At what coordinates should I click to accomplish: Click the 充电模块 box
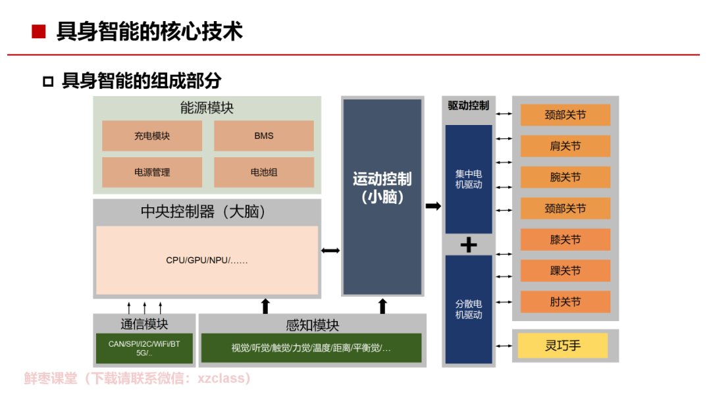click(152, 136)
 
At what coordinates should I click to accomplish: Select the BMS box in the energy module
click(263, 136)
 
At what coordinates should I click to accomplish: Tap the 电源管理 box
click(152, 172)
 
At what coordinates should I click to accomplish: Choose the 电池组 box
click(263, 172)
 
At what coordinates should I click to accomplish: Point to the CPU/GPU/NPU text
click(207, 261)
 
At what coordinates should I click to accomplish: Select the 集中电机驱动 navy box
click(469, 179)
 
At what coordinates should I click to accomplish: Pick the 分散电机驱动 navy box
click(469, 309)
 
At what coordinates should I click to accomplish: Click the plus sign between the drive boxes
click(468, 245)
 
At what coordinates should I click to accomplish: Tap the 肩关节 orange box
click(566, 146)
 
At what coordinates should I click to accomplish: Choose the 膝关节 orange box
click(566, 239)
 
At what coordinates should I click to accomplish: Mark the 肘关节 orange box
click(566, 302)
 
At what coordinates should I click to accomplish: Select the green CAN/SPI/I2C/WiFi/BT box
click(144, 348)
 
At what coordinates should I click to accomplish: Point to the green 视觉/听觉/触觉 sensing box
click(311, 348)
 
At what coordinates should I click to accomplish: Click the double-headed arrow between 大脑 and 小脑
click(330, 251)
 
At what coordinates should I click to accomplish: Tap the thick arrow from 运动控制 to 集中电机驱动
click(433, 206)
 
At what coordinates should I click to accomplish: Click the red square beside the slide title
click(39, 32)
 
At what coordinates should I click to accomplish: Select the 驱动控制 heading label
click(468, 105)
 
